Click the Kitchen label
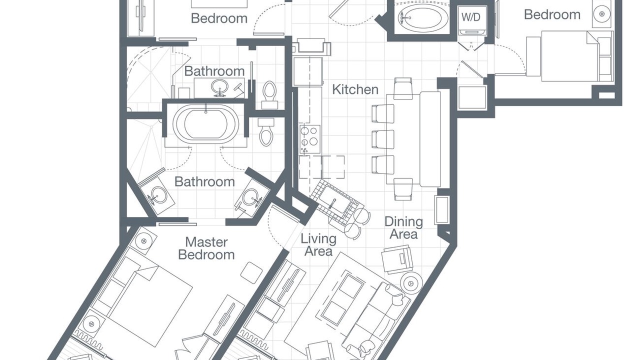[355, 89]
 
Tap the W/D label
[470, 17]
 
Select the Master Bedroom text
[206, 248]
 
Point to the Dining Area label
[403, 227]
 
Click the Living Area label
[318, 245]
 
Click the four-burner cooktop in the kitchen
[308, 135]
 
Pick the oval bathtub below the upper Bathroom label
[205, 125]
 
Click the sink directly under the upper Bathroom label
[218, 87]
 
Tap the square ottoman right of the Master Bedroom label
[251, 272]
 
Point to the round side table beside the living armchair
[412, 283]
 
